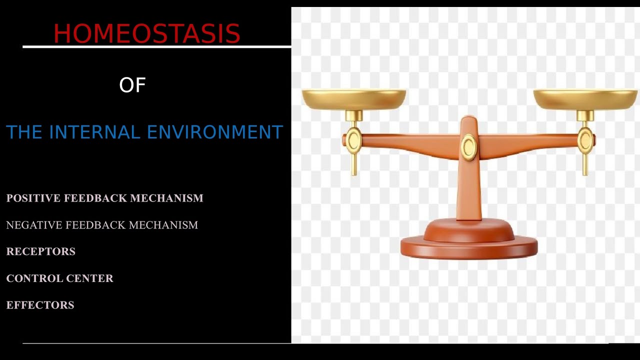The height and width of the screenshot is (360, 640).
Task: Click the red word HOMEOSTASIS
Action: point(146,34)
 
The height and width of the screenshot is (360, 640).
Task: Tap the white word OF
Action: point(132,85)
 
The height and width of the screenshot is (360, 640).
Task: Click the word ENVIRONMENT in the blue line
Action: point(215,132)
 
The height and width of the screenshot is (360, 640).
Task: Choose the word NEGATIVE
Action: point(33,225)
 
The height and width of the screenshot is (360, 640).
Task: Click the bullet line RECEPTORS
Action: point(40,251)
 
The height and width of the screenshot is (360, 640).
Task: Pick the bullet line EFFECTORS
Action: point(40,305)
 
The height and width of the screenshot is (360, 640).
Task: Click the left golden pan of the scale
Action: point(354,99)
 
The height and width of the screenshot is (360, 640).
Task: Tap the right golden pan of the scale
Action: point(585,99)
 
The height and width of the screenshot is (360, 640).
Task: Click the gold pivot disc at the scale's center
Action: point(469,147)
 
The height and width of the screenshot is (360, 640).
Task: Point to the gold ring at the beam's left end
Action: point(354,141)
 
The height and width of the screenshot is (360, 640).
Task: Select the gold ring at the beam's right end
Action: point(585,140)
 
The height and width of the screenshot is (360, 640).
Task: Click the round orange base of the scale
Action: point(469,245)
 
